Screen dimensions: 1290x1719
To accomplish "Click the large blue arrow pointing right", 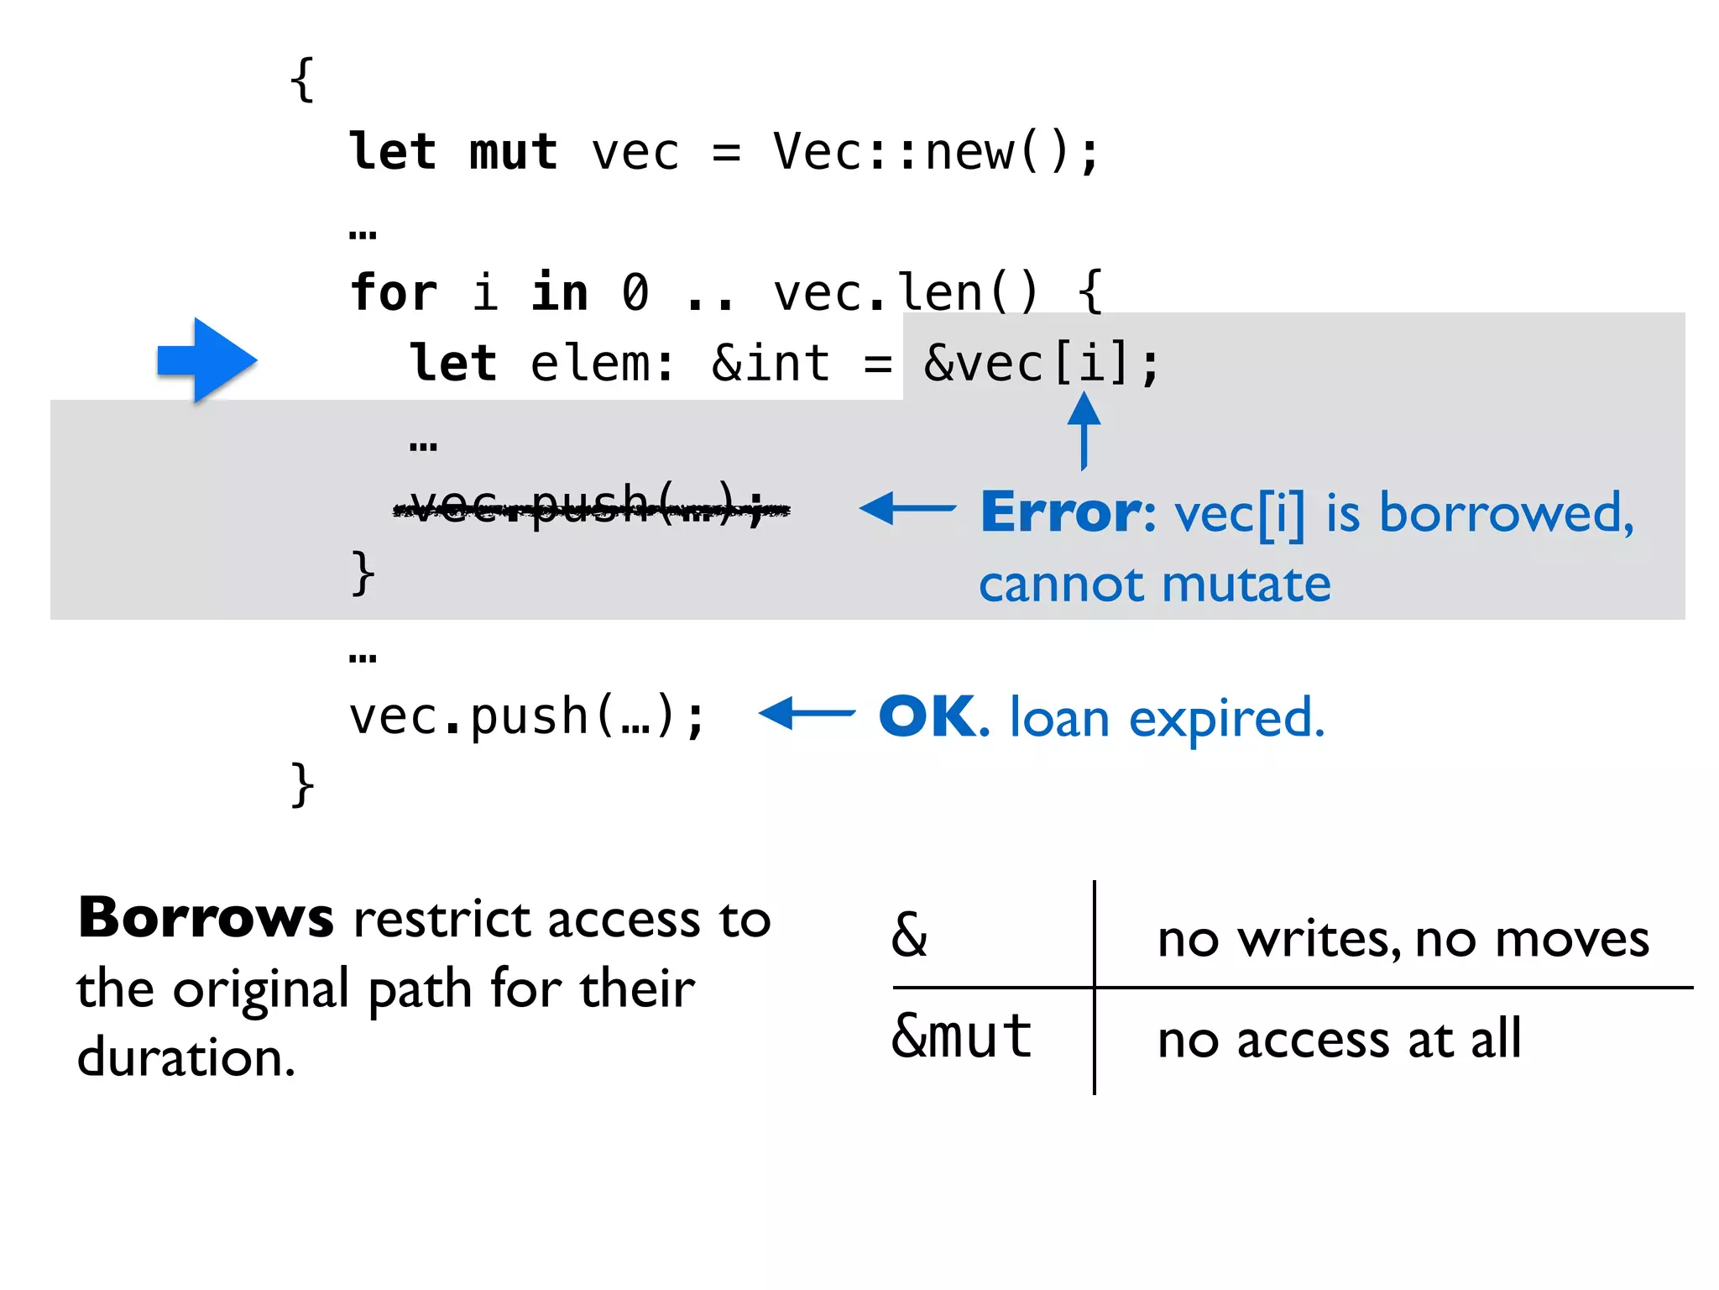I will (x=206, y=360).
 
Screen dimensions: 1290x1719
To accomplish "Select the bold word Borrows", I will (x=206, y=918).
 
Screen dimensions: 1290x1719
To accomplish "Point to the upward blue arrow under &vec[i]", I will (x=1084, y=430).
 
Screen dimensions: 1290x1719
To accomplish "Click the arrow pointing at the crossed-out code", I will (x=907, y=508).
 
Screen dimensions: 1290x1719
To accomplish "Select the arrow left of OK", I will (x=807, y=714).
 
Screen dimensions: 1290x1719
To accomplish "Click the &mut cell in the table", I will (x=961, y=1037).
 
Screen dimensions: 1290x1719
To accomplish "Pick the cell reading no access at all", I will (x=1339, y=1040).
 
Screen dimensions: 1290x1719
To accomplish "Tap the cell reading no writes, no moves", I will (x=1403, y=939).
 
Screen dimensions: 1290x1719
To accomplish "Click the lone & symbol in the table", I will (x=910, y=936).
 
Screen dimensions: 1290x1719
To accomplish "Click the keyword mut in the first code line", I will (x=513, y=153).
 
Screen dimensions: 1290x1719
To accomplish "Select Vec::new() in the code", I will (x=935, y=153).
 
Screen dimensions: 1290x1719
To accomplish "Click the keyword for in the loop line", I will (x=394, y=293).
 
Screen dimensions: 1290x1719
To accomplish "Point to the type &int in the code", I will (x=771, y=364).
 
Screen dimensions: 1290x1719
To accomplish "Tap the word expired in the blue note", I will (x=1226, y=721).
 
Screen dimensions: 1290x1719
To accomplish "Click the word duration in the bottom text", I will (x=185, y=1058).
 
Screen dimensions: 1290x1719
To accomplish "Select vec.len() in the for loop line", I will (x=905, y=293).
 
